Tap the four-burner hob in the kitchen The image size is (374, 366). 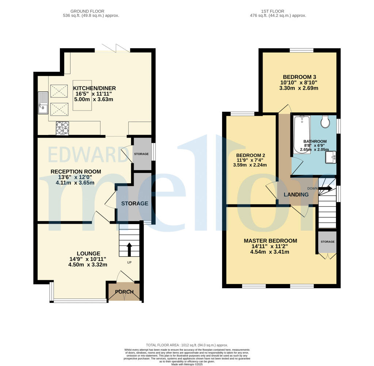coord(62,128)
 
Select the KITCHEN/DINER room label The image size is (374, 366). coord(95,88)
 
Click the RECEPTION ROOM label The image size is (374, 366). coord(76,172)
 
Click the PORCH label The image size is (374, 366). coord(125,292)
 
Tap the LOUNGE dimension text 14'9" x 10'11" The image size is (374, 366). coord(88,259)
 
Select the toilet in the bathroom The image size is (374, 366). coord(325,122)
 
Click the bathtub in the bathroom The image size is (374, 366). coord(302,134)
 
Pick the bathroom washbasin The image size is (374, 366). coord(332,158)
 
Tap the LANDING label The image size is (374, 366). coord(296,194)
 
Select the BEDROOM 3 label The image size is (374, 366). coord(299,77)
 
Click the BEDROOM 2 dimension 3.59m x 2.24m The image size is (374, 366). coord(251,165)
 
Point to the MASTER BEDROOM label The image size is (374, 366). coord(270,241)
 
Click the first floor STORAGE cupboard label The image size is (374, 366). coord(327,242)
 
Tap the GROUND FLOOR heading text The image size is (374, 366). coord(91,11)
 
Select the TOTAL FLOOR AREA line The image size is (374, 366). coord(187,345)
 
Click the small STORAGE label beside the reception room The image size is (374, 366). coord(141,154)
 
